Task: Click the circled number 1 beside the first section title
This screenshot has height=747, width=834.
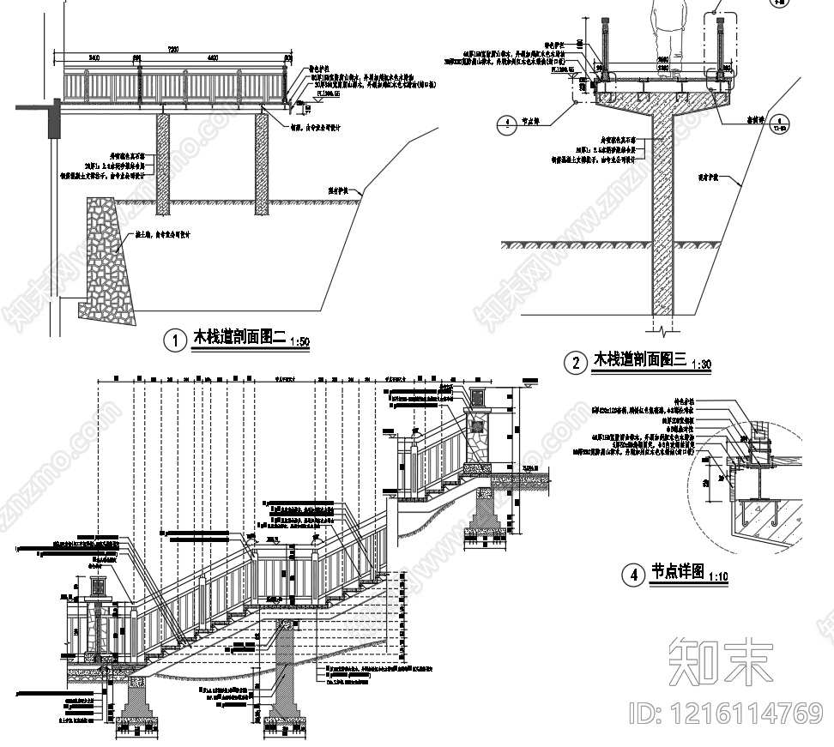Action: [175, 340]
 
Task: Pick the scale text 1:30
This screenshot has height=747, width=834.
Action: [701, 364]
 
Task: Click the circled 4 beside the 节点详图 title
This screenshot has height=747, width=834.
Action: [634, 574]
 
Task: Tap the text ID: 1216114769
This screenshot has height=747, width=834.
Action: [725, 713]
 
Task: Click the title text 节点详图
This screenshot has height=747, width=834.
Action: [677, 571]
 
